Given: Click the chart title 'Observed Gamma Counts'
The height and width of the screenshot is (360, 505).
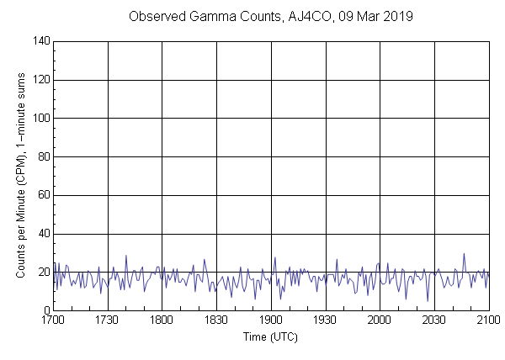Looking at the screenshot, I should tap(205, 17).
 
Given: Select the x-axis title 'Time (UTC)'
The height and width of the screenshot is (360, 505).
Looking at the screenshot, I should tap(270, 336).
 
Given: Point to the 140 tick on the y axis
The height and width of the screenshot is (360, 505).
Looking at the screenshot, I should tap(40, 41).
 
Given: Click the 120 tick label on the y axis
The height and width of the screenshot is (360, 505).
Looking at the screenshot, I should tap(40, 80).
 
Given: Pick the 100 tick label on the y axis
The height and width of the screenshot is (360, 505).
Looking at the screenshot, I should tap(40, 119).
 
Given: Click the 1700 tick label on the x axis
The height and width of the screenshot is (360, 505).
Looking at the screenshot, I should tap(53, 320).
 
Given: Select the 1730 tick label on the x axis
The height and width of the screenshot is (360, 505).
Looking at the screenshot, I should tap(108, 320).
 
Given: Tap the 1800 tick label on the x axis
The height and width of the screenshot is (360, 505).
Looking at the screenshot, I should tap(162, 320).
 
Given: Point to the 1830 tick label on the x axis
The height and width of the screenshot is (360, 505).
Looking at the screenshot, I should tap(217, 320).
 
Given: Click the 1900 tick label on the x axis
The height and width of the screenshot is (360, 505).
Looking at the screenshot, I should tap(271, 320).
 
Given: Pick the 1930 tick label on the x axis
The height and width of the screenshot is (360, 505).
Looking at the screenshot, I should tap(326, 320).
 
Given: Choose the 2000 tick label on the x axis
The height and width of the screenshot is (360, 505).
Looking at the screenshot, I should tap(380, 320).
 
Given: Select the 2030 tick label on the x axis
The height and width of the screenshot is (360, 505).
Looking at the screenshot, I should tap(434, 320).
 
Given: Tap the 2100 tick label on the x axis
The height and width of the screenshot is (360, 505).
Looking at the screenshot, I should tap(488, 320).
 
